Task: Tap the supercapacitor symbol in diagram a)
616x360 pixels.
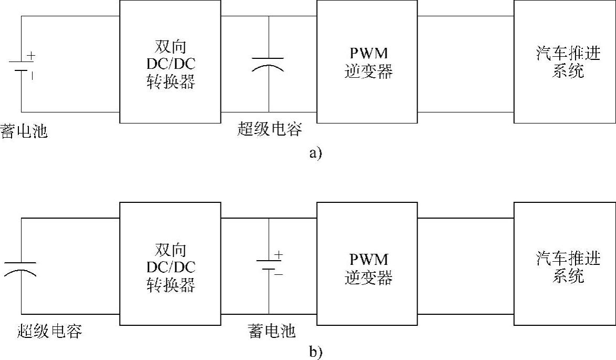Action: [268, 64]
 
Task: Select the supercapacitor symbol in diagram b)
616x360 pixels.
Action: [21, 268]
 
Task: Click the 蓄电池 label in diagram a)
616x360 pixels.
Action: [24, 131]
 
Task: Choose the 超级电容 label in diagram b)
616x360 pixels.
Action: [49, 331]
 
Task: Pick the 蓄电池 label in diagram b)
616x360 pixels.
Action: [272, 331]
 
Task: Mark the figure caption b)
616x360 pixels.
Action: [316, 353]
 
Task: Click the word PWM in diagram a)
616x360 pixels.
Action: [368, 54]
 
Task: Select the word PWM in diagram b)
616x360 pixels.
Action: [368, 260]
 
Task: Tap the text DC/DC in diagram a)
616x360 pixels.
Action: [171, 64]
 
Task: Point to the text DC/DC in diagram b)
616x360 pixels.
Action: [171, 268]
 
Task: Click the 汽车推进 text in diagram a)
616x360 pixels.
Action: [568, 54]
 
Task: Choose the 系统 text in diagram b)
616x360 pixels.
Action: [568, 275]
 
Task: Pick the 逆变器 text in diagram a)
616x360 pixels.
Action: [368, 71]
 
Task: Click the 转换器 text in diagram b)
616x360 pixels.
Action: [171, 285]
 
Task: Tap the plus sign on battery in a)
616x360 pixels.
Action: [32, 55]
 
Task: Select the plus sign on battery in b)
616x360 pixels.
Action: [278, 255]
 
